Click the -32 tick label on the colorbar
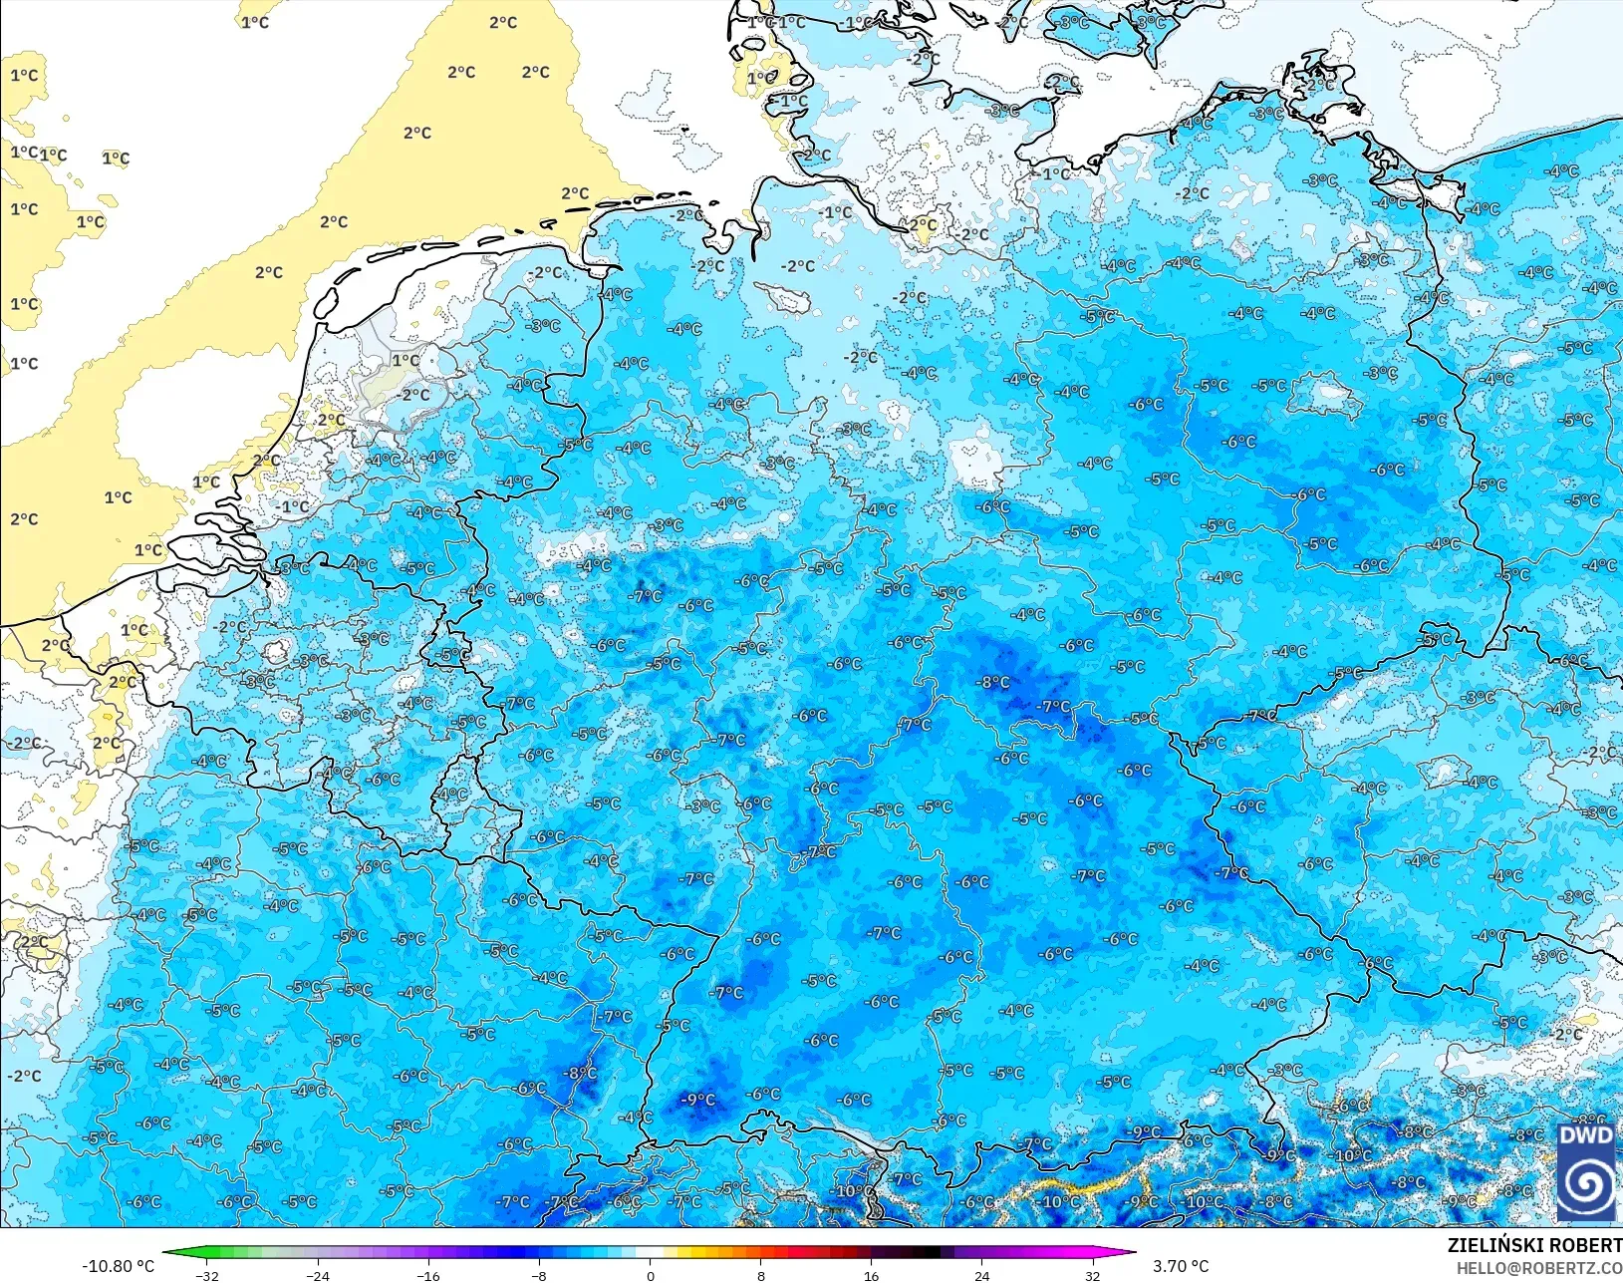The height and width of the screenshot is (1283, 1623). (206, 1276)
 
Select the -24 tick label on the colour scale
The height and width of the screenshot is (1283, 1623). (317, 1276)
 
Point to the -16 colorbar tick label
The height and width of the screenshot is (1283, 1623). (427, 1276)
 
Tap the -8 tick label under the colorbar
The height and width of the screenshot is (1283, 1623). (539, 1276)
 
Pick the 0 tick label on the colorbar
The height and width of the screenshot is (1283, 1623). (651, 1276)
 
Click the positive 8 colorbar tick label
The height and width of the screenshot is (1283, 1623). (761, 1276)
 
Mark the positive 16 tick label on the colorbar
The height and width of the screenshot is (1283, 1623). (872, 1276)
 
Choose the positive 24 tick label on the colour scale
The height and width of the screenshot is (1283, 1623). (982, 1276)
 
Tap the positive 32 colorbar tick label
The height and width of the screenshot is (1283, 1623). (1093, 1276)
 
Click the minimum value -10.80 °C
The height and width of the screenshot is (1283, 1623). (118, 1266)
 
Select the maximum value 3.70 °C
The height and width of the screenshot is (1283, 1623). (1181, 1266)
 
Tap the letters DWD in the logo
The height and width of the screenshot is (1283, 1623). (1586, 1136)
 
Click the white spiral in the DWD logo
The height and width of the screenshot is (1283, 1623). (1586, 1184)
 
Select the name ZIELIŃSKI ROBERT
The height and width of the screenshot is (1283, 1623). (1534, 1245)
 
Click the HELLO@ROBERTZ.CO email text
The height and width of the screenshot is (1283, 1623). (1539, 1268)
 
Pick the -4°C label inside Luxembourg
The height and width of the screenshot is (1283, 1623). (452, 795)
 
